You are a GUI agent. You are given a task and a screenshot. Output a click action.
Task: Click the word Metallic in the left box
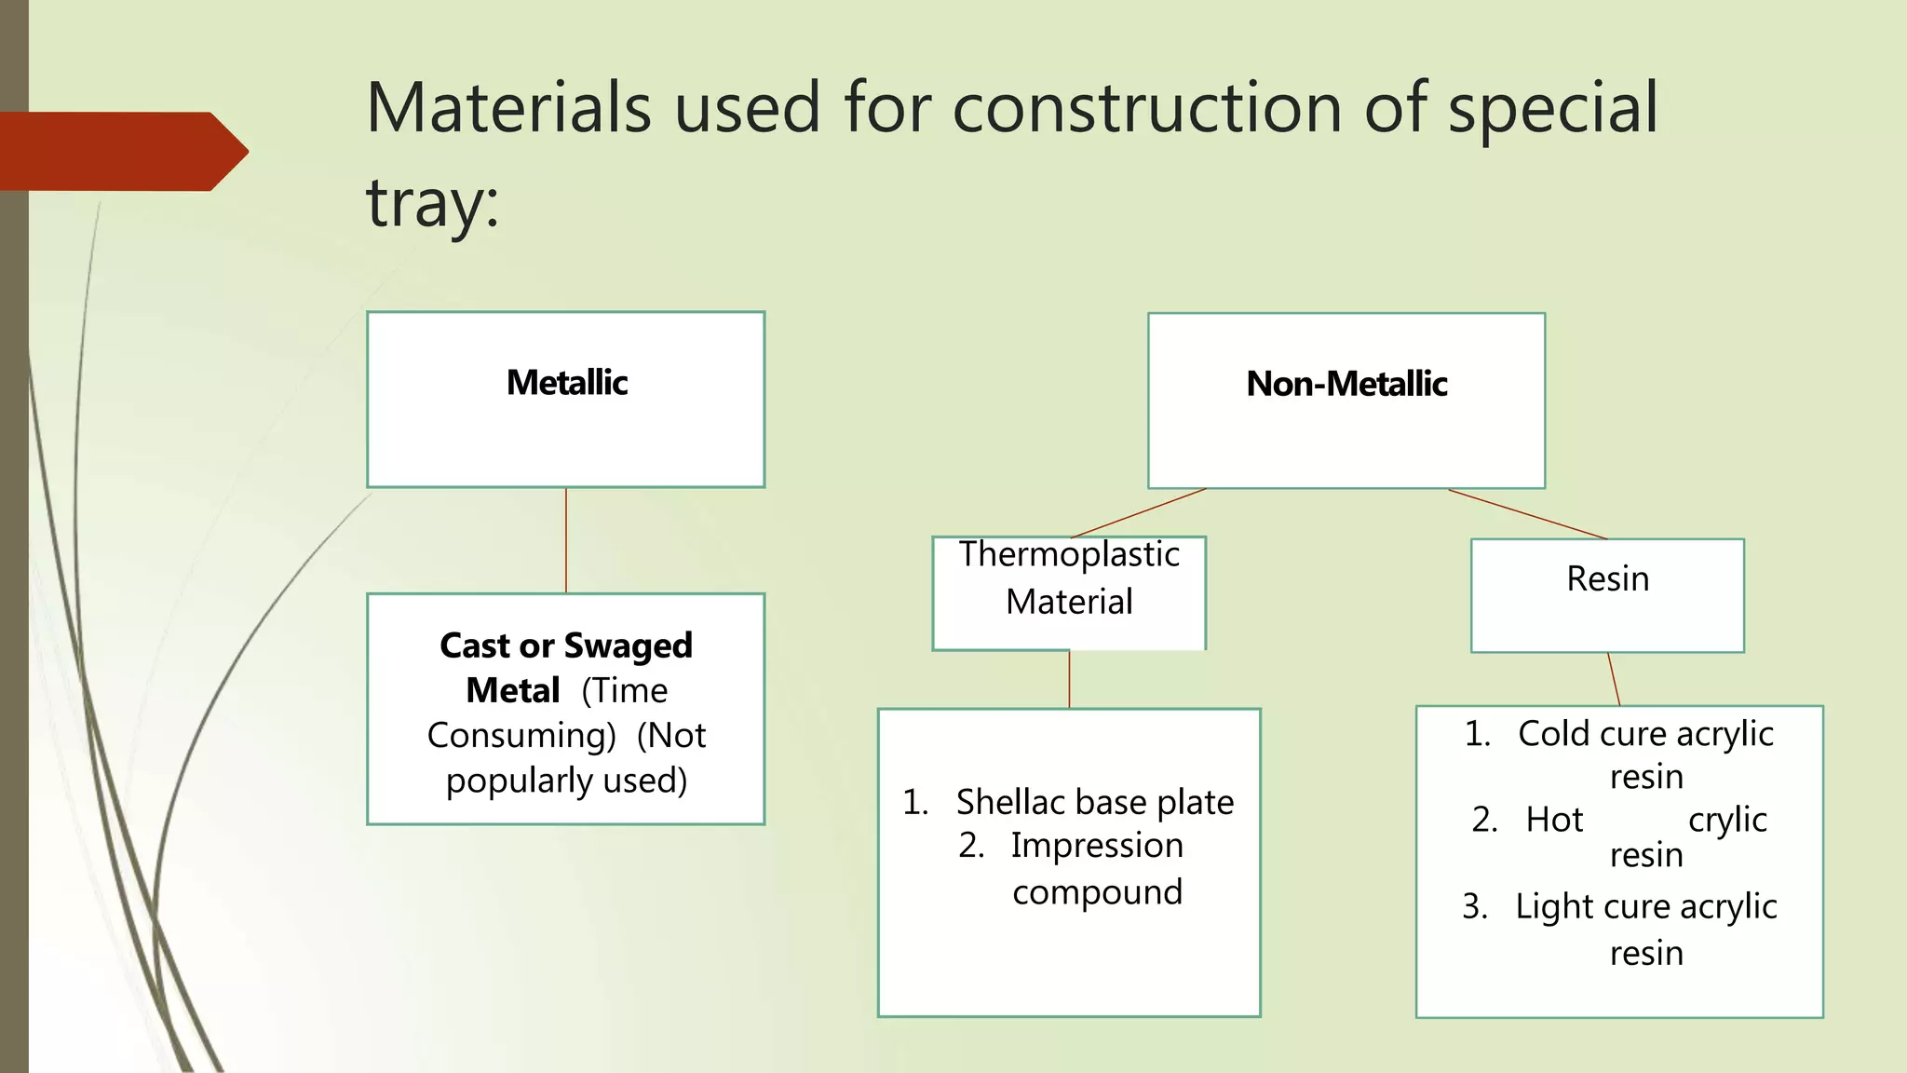(566, 383)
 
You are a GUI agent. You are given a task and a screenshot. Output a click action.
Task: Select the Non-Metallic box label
(1346, 384)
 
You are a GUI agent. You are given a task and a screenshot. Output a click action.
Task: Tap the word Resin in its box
(1607, 578)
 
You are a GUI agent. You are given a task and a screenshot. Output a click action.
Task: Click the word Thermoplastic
(1069, 554)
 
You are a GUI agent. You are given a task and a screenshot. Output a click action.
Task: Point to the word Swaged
(629, 645)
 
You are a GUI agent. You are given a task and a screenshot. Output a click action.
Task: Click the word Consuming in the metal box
(521, 736)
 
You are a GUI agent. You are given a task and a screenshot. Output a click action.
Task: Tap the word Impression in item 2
(1097, 846)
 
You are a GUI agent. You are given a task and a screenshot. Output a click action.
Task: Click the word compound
(1097, 892)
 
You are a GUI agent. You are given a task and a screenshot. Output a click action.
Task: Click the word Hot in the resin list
(1554, 820)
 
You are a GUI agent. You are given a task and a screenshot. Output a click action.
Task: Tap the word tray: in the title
(432, 203)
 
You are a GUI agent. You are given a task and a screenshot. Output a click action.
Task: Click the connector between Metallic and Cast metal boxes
(566, 540)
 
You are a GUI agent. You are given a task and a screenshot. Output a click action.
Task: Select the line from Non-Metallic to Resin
(1527, 514)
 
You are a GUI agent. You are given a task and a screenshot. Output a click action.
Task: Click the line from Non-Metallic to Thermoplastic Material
(1138, 513)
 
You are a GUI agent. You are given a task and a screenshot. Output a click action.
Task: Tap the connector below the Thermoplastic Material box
(1069, 679)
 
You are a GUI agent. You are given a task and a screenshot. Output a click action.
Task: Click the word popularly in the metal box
(519, 781)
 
